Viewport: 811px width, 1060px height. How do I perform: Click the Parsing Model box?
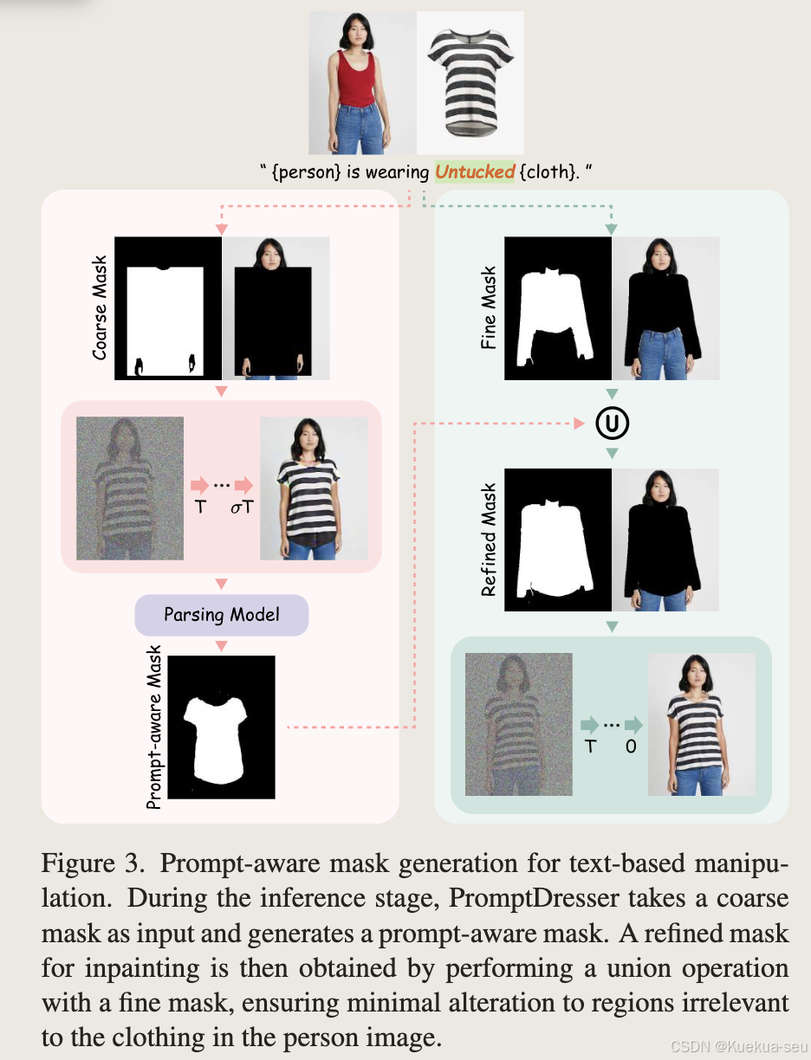(x=222, y=615)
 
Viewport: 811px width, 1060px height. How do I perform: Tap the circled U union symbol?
(x=612, y=424)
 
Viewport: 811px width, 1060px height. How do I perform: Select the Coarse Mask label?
(x=101, y=307)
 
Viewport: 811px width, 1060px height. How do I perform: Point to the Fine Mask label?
(x=489, y=308)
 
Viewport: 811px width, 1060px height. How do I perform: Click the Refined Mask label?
(x=489, y=540)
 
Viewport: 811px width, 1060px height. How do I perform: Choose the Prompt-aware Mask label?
(x=154, y=732)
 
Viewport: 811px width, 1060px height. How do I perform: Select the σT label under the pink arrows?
(x=242, y=507)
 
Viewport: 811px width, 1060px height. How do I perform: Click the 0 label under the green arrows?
(x=631, y=745)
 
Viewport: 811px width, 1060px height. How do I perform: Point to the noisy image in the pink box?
(x=130, y=488)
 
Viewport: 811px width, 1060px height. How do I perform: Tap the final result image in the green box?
(x=702, y=724)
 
